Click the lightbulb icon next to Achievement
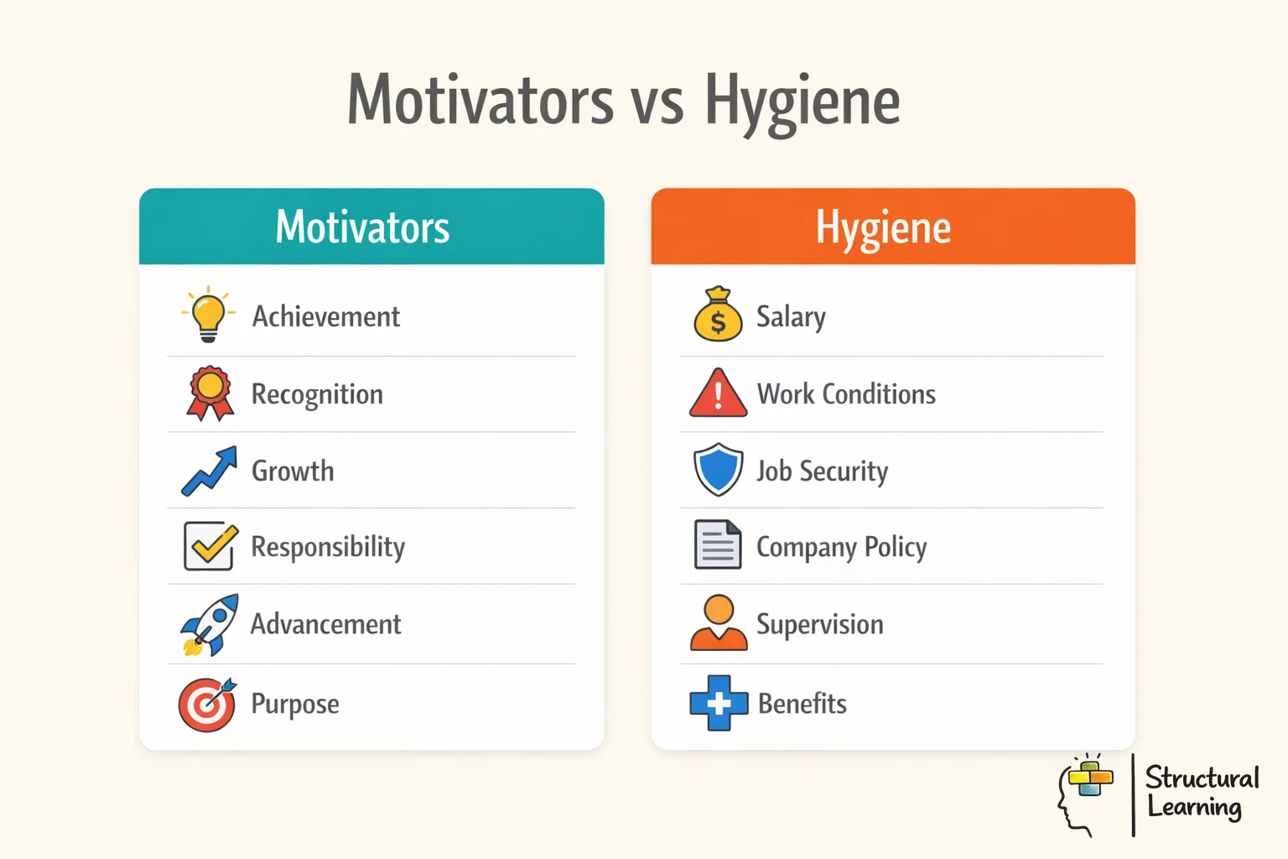coord(208,315)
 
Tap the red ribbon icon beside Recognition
coord(210,393)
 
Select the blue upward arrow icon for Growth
coord(210,471)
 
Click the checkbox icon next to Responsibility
coord(210,546)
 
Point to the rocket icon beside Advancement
coord(210,625)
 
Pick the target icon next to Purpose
coord(207,705)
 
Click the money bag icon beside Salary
coord(718,315)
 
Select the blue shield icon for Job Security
coord(719,470)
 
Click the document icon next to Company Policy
coord(718,545)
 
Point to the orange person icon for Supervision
coord(719,623)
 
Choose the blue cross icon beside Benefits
coord(719,703)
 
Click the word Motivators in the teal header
coord(362,227)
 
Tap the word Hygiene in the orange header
coord(883,227)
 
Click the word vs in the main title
coord(657,102)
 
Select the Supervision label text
coord(819,625)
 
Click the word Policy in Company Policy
coord(896,547)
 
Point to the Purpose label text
coord(295,705)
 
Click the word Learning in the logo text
coord(1194,808)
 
